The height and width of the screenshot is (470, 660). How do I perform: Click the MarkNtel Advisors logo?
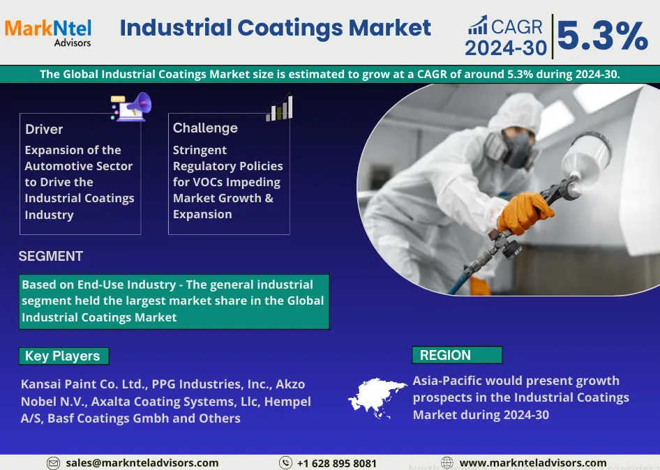[x=48, y=32]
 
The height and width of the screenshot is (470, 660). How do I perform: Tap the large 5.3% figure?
[x=602, y=36]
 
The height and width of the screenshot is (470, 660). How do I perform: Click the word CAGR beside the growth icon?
[x=517, y=26]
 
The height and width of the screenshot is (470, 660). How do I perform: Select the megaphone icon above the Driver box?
[x=131, y=107]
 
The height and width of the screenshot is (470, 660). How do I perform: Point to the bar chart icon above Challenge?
[x=279, y=107]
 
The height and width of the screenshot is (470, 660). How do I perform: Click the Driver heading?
[x=44, y=129]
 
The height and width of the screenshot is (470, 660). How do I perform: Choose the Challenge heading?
[x=205, y=128]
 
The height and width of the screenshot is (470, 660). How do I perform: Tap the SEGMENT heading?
[x=50, y=256]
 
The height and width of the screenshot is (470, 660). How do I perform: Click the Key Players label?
[x=62, y=356]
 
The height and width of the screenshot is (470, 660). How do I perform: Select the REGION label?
[x=445, y=355]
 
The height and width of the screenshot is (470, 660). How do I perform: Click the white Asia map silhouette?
[x=376, y=397]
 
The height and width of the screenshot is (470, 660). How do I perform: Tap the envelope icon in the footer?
[x=53, y=463]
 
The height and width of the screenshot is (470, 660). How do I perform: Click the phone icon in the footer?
[x=285, y=463]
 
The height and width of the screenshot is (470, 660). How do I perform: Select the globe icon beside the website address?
[x=447, y=462]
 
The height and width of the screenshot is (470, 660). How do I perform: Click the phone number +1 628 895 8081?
[x=337, y=463]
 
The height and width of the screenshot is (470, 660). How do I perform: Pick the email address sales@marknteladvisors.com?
[x=142, y=463]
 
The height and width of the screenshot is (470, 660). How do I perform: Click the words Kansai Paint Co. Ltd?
[x=84, y=384]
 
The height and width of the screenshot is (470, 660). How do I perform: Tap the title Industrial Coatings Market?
[x=276, y=28]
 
